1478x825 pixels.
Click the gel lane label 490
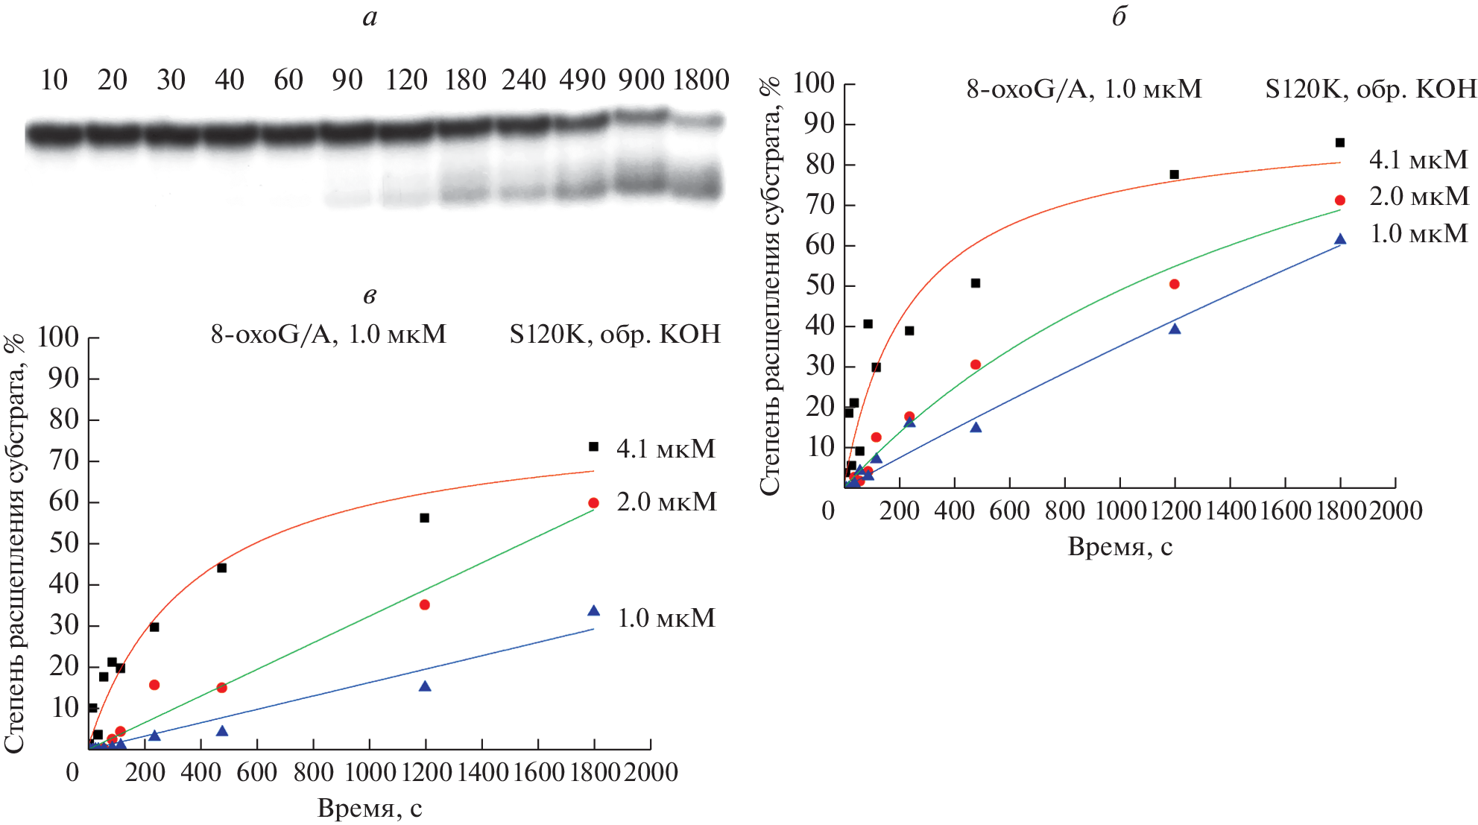click(x=582, y=80)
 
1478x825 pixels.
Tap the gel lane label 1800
click(x=701, y=80)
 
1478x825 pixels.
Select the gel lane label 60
click(x=288, y=80)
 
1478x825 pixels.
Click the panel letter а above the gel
click(x=370, y=18)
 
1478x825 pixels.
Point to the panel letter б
click(x=1119, y=16)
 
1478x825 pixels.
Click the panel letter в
click(x=370, y=296)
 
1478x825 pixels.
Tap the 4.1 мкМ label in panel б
click(x=1418, y=159)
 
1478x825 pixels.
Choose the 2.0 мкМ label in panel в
click(x=666, y=502)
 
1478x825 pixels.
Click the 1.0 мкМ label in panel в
click(x=666, y=618)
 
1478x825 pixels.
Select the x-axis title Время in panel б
click(x=1119, y=546)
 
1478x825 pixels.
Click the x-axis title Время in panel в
click(x=370, y=808)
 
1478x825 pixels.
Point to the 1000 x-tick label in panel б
click(x=1120, y=511)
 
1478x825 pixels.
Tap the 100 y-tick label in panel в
click(x=58, y=337)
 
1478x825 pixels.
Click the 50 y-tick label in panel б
click(x=820, y=285)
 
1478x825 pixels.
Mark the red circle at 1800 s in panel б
click(x=1340, y=200)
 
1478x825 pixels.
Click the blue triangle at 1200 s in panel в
click(x=425, y=686)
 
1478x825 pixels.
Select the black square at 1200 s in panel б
click(x=1175, y=174)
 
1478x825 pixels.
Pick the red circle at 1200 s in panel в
click(x=425, y=604)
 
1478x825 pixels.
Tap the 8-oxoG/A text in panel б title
click(x=1028, y=89)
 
